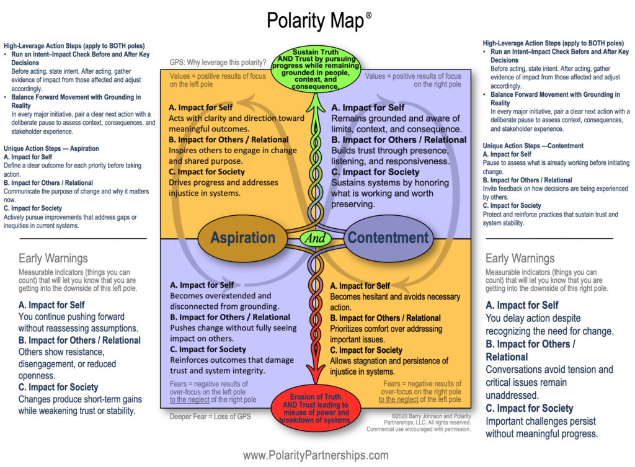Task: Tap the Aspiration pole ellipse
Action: [242, 238]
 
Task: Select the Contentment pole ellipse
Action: [388, 238]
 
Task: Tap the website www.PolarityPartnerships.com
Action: [316, 455]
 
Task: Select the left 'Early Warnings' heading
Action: [53, 259]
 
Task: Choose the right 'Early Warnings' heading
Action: [520, 259]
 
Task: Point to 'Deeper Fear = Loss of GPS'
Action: [210, 417]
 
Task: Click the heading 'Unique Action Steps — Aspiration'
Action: [51, 149]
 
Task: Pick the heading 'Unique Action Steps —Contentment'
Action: [533, 146]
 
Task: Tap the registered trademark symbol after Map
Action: [368, 14]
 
